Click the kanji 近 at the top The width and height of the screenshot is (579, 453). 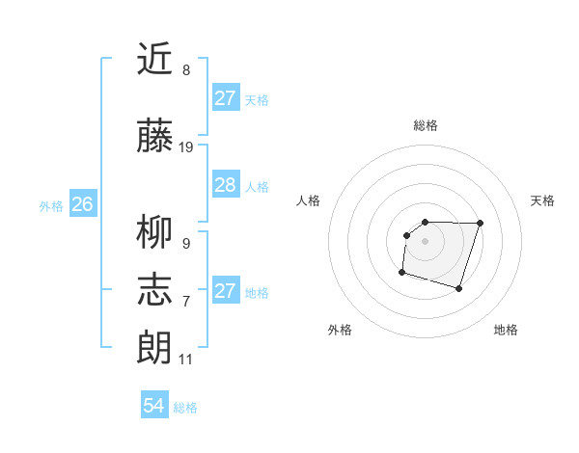(x=154, y=60)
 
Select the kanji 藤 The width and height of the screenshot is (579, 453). (x=154, y=137)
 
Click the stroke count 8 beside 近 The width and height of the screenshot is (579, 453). (x=186, y=70)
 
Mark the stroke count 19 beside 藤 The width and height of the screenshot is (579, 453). (x=187, y=147)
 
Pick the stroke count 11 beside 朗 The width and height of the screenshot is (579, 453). (x=185, y=360)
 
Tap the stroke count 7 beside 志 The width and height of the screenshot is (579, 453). (x=186, y=302)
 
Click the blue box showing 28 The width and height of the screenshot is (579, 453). (x=225, y=185)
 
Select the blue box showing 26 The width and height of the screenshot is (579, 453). (x=83, y=204)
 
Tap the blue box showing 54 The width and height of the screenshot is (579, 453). (x=154, y=406)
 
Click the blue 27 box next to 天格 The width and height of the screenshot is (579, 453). (x=225, y=98)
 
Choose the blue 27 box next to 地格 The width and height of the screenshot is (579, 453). (x=225, y=291)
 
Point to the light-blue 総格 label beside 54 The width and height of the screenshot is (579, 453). (x=185, y=408)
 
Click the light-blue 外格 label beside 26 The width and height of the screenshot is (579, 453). (x=51, y=205)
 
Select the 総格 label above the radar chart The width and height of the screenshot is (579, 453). (x=426, y=125)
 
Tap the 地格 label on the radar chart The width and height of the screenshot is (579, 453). (x=506, y=331)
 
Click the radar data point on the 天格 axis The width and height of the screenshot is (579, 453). (x=480, y=223)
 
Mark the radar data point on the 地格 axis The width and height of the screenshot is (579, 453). (x=459, y=289)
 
